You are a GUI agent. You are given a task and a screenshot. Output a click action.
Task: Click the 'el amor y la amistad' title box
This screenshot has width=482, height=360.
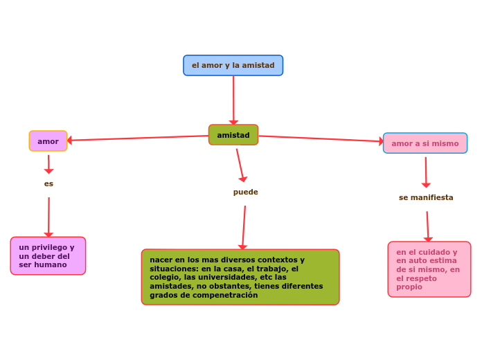(233, 65)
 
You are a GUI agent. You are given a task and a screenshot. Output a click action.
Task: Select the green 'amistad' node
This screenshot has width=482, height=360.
(233, 135)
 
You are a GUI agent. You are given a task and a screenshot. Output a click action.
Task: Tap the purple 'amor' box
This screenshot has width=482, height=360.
(48, 141)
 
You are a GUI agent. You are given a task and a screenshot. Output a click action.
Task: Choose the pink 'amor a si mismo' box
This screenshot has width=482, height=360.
(425, 143)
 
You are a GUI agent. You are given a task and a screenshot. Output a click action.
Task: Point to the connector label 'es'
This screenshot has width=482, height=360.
(48, 184)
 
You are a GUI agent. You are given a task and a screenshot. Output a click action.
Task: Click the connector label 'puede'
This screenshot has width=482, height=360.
(245, 192)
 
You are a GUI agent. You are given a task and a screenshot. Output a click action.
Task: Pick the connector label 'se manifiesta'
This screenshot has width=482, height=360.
(426, 197)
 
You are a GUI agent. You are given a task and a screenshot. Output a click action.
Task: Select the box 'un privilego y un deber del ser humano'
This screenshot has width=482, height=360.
(48, 256)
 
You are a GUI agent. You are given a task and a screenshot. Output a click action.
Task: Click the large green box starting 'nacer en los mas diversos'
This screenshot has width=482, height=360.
(240, 277)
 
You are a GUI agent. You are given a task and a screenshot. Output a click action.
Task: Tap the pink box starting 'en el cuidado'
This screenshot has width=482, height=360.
(429, 269)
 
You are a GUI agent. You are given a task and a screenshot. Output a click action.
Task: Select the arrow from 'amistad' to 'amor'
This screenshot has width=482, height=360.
(139, 138)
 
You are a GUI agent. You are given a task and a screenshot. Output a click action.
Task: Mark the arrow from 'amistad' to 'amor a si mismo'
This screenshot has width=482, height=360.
(320, 139)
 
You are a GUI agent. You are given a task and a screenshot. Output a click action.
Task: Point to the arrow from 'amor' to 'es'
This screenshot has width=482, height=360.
(48, 164)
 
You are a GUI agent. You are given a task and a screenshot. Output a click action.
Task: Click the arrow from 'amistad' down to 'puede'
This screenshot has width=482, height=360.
(240, 165)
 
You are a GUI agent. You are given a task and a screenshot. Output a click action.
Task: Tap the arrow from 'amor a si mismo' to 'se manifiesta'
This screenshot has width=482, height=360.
(426, 172)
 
